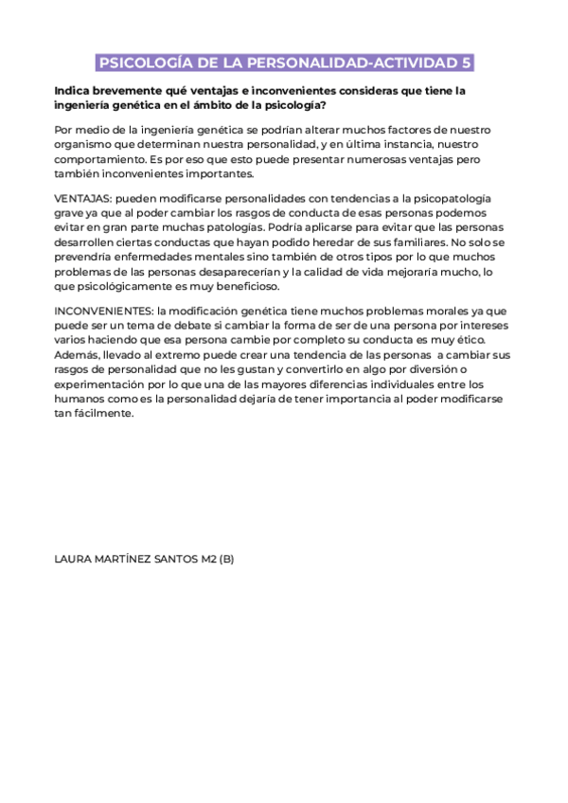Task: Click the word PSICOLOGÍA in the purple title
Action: pyautogui.click(x=144, y=63)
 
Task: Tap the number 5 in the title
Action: pyautogui.click(x=466, y=63)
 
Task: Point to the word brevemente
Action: pyautogui.click(x=135, y=90)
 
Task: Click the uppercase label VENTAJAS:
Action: pyautogui.click(x=83, y=198)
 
